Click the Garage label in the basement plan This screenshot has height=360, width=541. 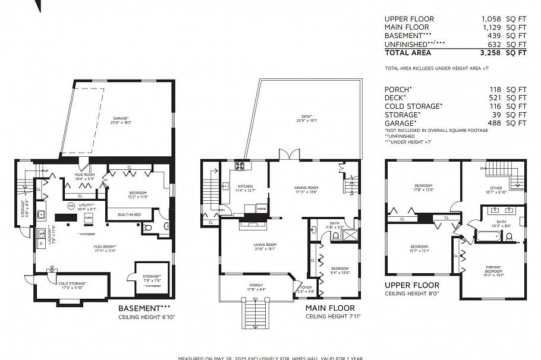(121, 118)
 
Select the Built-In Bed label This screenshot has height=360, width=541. (129, 213)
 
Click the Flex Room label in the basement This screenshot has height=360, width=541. (105, 248)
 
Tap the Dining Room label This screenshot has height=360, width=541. (306, 190)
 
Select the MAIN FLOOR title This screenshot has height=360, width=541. (330, 309)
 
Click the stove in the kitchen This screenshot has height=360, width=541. (240, 167)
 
